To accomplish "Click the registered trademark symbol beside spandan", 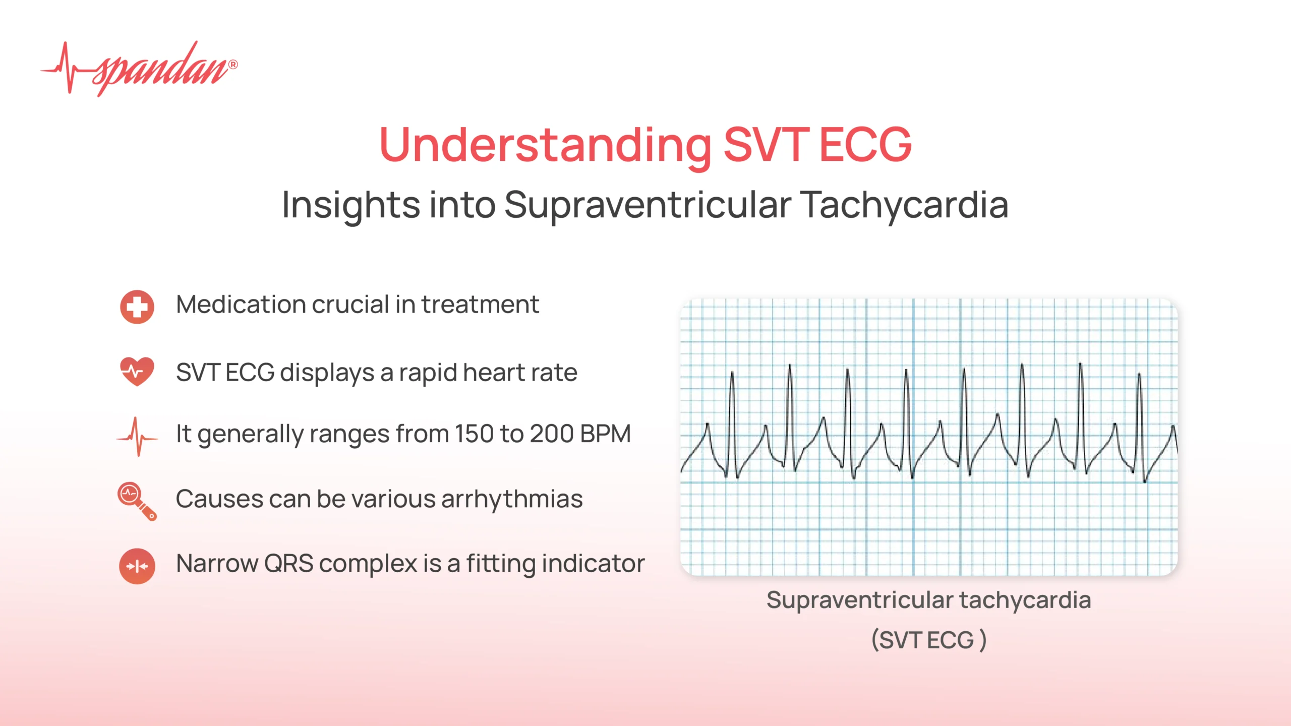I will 233,65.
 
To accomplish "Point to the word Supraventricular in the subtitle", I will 648,205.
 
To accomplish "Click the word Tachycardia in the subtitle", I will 905,205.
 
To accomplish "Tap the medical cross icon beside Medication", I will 137,307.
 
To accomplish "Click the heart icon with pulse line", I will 137,372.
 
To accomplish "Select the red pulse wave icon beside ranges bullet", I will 137,437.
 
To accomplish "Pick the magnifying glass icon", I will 136,501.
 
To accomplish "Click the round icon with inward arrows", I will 137,566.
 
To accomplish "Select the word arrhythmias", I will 512,499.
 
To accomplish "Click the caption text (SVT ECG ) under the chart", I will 929,640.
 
